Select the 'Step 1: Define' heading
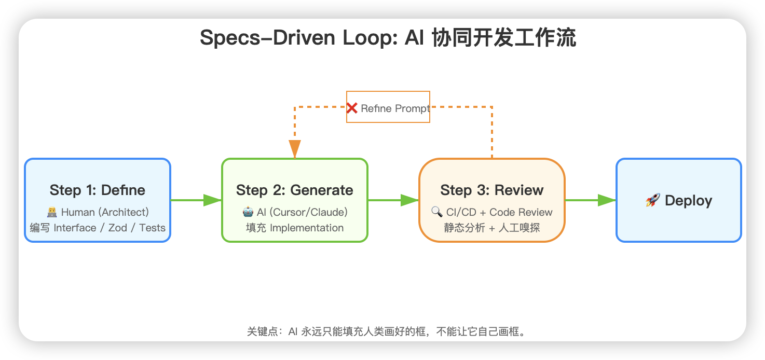click(98, 190)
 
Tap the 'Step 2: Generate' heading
click(294, 190)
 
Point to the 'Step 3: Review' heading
click(491, 190)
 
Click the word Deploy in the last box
click(688, 201)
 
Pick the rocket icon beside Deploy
click(652, 201)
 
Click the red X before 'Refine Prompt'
click(352, 108)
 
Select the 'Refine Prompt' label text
click(395, 108)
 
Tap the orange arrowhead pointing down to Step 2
click(295, 149)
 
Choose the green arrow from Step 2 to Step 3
click(393, 200)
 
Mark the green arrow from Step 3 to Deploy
click(591, 200)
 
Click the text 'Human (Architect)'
click(105, 212)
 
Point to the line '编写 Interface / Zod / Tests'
click(98, 228)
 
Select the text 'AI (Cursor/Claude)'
click(302, 212)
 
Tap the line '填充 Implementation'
click(294, 228)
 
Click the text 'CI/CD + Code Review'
click(499, 212)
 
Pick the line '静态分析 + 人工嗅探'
click(491, 228)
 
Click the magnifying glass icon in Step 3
click(436, 212)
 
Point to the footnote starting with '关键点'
click(387, 331)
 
